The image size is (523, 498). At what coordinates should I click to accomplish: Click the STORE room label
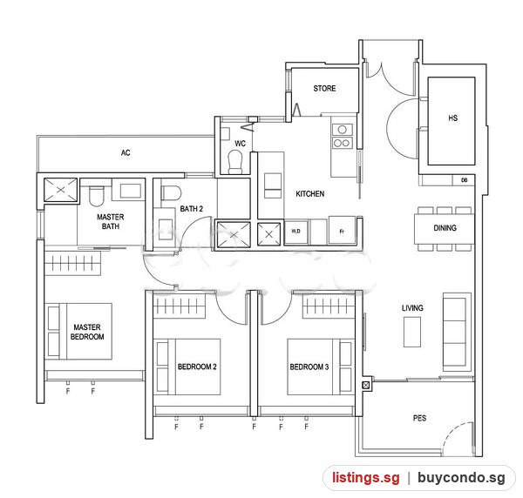[x=324, y=88]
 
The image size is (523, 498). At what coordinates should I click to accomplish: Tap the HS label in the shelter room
[x=453, y=118]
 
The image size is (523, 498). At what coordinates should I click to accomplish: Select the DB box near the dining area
[x=464, y=180]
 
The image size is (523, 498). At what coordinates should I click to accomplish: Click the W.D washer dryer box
[x=295, y=232]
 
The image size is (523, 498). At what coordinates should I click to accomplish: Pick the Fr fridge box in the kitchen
[x=342, y=230]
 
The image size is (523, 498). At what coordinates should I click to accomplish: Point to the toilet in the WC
[x=235, y=162]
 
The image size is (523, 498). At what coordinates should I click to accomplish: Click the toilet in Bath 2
[x=171, y=193]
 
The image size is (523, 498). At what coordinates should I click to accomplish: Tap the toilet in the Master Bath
[x=97, y=196]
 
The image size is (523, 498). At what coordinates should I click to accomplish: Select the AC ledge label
[x=126, y=153]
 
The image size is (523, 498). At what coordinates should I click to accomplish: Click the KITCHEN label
[x=309, y=193]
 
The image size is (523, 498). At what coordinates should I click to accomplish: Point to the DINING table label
[x=445, y=228]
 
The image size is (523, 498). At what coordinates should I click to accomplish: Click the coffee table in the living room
[x=412, y=332]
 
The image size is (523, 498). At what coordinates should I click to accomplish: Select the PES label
[x=419, y=418]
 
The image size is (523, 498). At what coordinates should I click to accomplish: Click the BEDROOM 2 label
[x=197, y=367]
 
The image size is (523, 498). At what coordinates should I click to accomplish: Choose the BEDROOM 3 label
[x=309, y=367]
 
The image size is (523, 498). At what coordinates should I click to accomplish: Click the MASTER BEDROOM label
[x=87, y=332]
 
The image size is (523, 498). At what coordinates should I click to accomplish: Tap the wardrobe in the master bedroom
[x=72, y=263]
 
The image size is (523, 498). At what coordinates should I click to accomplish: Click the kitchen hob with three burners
[x=343, y=137]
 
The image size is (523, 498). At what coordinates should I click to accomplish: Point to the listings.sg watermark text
[x=366, y=478]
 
